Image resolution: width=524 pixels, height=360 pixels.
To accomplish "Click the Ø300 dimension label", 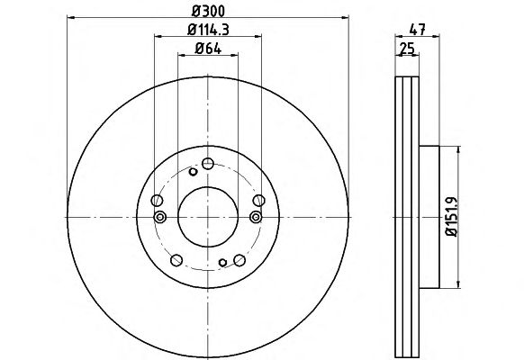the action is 208,11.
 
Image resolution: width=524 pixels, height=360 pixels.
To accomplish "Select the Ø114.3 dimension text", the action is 208,30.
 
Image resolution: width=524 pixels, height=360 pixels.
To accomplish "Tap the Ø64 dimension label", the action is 208,49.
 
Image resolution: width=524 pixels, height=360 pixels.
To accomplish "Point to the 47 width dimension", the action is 417,30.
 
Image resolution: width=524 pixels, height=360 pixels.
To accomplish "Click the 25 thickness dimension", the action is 407,49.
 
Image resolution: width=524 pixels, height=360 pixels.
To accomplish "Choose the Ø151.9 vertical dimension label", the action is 452,217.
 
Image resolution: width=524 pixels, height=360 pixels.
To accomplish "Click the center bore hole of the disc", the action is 208,217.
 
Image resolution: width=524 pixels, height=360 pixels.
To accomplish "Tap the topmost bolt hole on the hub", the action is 208,164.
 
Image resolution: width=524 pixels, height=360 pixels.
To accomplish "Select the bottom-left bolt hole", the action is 176,260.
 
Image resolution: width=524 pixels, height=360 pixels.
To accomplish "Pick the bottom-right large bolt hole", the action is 239,260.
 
